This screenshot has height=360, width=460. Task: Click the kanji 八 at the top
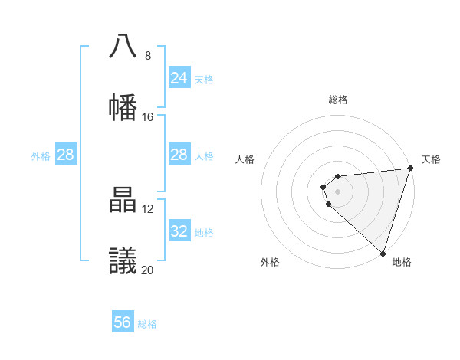[123, 46]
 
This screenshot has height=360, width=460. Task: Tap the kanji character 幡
[123, 107]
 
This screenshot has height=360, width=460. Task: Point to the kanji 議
[123, 261]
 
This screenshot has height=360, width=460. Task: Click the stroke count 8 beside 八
[148, 56]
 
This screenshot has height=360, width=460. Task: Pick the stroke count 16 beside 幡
[148, 117]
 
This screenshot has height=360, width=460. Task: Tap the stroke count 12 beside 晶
[148, 209]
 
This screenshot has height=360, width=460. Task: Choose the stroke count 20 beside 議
[148, 270]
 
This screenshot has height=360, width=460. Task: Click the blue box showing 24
[179, 78]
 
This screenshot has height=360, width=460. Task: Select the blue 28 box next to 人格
[179, 155]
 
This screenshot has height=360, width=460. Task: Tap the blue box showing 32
[179, 231]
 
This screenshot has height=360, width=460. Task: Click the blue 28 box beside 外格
[65, 155]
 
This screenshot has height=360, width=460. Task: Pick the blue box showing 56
[122, 322]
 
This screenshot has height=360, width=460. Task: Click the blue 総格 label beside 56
[147, 324]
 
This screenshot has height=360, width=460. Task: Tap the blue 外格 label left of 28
[41, 156]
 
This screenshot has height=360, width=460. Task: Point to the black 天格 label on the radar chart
[431, 159]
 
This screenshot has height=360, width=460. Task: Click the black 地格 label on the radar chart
[402, 262]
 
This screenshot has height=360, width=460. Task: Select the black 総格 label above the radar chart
[338, 100]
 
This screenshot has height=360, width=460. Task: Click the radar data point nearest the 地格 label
[383, 253]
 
